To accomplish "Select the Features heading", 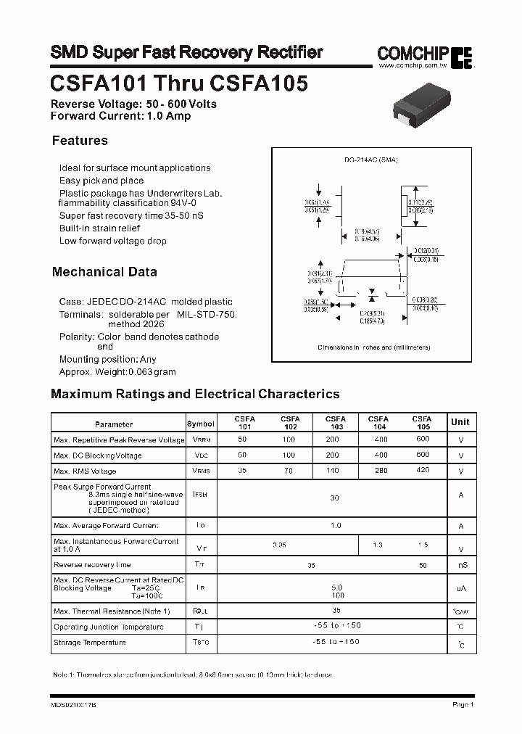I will (x=80, y=141).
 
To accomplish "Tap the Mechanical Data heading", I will (x=104, y=272).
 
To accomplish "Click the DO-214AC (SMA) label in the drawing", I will (x=371, y=160).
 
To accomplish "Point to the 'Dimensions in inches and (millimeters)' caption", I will (x=374, y=347).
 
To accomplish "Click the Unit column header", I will (x=460, y=422).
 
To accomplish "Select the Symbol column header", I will (x=201, y=424).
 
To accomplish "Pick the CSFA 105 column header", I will (x=422, y=423).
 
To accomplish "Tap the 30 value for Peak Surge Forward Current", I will (x=334, y=498).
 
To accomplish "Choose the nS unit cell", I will (x=461, y=565).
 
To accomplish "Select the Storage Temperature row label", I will (x=90, y=643).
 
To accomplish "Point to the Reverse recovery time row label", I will (x=92, y=564).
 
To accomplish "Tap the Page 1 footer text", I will (x=463, y=704).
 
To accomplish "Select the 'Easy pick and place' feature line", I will (x=101, y=181).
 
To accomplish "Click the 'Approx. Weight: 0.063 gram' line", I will (x=117, y=372).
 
